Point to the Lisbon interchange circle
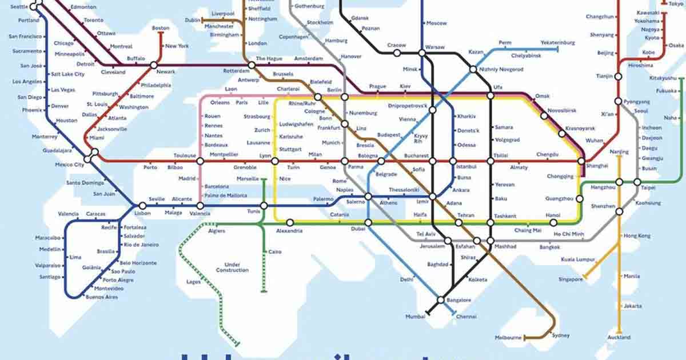coord(142,206)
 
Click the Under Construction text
coord(232,267)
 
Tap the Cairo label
coord(275,252)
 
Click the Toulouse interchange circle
coord(200,162)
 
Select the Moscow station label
coord(436,23)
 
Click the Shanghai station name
coord(597,166)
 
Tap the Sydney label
coord(561,335)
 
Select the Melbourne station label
coord(508,338)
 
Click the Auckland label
coord(619,338)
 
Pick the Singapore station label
coord(571,279)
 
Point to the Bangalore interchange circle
coord(441,300)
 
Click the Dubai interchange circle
coord(368,222)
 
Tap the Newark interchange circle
coord(154,65)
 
